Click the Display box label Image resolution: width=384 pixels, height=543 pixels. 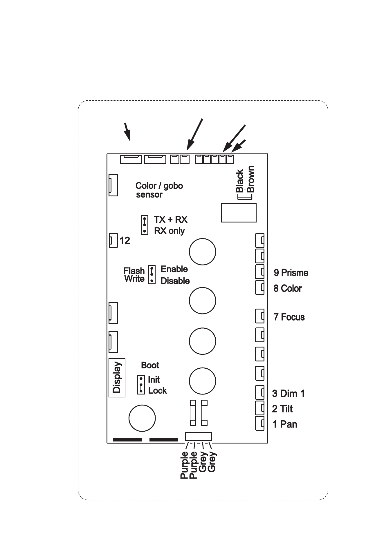coord(117,377)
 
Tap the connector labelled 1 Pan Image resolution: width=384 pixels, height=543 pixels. coord(260,423)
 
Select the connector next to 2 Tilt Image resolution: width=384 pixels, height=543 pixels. coord(260,408)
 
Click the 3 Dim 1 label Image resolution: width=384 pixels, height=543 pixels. coord(289,394)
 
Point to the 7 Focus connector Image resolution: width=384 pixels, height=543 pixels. coord(260,316)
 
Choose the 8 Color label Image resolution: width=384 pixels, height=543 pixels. coord(288,288)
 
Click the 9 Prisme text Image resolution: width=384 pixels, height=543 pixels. coord(291,273)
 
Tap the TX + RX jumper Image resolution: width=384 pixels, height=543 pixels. coord(145,225)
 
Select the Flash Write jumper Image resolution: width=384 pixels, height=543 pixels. coord(152,274)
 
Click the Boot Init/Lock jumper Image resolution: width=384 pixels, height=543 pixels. coord(141,385)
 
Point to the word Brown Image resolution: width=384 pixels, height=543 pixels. coord(250,179)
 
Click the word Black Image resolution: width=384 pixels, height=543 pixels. coord(239,181)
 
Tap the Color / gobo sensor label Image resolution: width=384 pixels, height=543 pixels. coord(159,190)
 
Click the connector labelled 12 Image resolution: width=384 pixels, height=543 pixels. coord(113,240)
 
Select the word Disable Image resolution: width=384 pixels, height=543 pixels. coord(175,281)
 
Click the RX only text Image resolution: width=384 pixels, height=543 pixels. coord(169,231)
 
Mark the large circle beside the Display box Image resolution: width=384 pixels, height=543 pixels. coord(142,418)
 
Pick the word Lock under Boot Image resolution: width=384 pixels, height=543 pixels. coord(158,390)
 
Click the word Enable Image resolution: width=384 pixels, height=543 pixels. coord(174,269)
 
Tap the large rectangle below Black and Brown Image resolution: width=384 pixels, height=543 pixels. coord(239,213)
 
